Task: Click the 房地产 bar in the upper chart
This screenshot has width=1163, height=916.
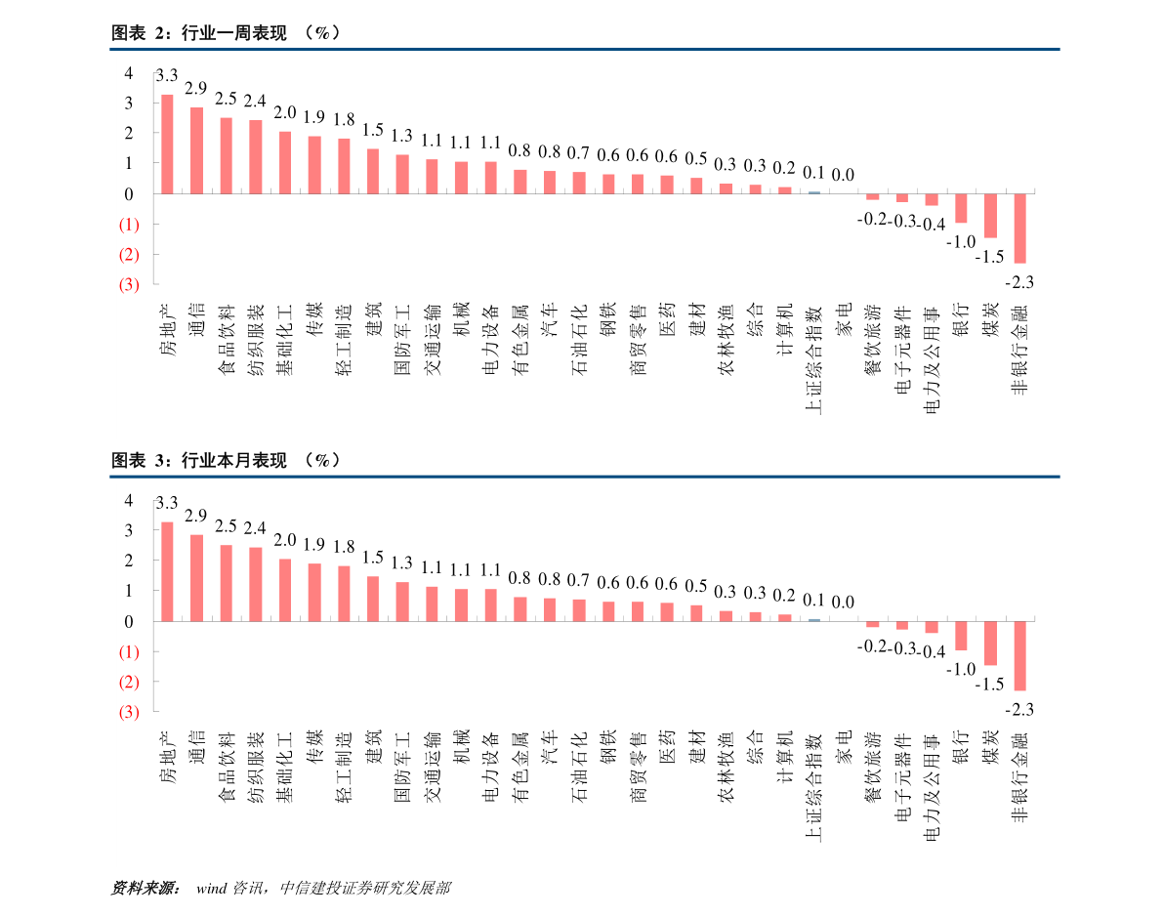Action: click(x=167, y=144)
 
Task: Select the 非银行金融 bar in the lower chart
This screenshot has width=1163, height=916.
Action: click(x=1019, y=655)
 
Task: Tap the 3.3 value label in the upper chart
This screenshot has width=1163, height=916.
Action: click(x=167, y=75)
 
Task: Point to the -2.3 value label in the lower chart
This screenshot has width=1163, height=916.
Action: click(x=1019, y=709)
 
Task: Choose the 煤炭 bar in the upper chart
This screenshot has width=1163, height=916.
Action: click(x=990, y=216)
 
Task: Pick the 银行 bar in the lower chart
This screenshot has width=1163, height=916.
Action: click(x=961, y=636)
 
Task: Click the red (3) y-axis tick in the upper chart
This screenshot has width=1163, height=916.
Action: click(x=128, y=285)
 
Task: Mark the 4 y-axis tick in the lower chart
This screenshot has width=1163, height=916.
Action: click(x=128, y=500)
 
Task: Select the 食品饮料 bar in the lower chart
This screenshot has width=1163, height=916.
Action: click(x=226, y=583)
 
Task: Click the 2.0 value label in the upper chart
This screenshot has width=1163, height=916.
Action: click(x=284, y=112)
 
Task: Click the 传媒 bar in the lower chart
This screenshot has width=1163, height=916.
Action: click(x=314, y=592)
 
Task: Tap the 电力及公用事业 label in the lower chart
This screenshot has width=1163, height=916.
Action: click(x=931, y=789)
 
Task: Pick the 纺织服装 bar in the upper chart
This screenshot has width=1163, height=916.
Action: click(x=255, y=156)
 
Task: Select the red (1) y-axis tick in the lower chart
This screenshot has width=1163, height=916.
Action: click(x=128, y=651)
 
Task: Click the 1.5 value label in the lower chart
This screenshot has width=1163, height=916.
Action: click(x=372, y=558)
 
